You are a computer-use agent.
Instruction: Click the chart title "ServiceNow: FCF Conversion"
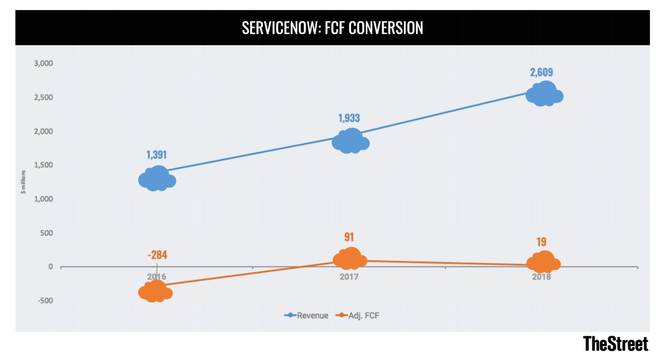click(x=332, y=28)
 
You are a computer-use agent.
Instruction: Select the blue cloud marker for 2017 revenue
click(x=350, y=141)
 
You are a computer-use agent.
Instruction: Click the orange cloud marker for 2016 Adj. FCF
click(x=155, y=291)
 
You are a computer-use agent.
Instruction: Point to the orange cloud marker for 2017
click(x=349, y=258)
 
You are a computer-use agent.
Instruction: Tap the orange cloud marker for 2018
click(x=544, y=262)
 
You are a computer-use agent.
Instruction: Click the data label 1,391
click(x=156, y=155)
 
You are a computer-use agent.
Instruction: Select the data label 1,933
click(x=349, y=118)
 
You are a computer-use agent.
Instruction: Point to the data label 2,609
click(x=542, y=72)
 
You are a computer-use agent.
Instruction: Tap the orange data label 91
click(x=349, y=237)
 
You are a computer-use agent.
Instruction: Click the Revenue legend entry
click(x=307, y=316)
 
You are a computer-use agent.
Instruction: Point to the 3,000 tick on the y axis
click(x=43, y=63)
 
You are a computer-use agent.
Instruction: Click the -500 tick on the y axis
click(x=44, y=301)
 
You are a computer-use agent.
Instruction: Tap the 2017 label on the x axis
click(x=349, y=277)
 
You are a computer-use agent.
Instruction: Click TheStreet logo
click(x=616, y=344)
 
